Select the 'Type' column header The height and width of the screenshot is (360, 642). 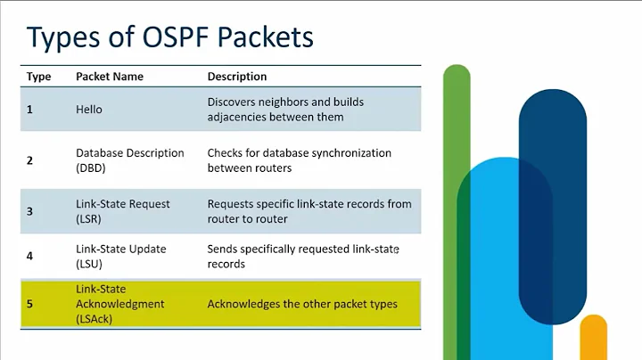[x=38, y=77]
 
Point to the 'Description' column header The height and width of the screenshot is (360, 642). [x=237, y=77]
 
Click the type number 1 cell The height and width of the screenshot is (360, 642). [x=30, y=109]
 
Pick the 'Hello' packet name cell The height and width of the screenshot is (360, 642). [x=89, y=109]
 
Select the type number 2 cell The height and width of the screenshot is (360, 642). [x=30, y=160]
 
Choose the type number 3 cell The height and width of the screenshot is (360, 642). [x=30, y=211]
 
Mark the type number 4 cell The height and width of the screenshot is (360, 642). [x=30, y=257]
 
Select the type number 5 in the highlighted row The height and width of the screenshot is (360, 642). [x=30, y=304]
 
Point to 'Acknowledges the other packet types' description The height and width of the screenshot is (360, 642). [x=302, y=304]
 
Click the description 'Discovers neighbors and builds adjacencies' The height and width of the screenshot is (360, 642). [x=285, y=109]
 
